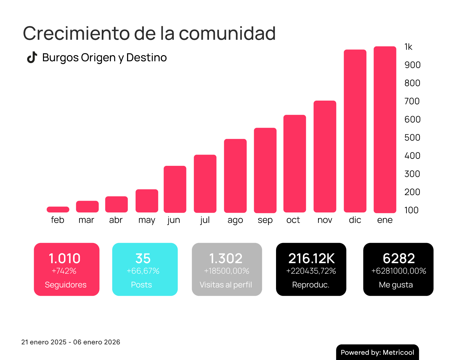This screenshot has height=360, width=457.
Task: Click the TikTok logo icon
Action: click(x=32, y=57)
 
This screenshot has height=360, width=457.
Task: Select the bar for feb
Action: click(x=58, y=209)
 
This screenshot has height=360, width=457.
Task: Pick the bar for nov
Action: click(x=325, y=156)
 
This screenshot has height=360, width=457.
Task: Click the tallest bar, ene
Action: click(x=385, y=130)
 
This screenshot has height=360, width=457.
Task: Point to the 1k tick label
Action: click(x=408, y=47)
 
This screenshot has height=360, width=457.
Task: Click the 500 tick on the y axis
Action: click(x=412, y=137)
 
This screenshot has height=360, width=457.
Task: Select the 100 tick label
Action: click(x=411, y=210)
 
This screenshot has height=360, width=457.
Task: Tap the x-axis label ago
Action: click(x=235, y=220)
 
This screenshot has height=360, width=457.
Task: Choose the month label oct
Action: click(x=293, y=220)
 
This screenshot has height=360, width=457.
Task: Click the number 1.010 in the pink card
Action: click(x=65, y=258)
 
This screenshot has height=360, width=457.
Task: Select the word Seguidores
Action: click(x=66, y=285)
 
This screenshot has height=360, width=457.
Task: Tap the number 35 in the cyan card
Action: click(x=143, y=258)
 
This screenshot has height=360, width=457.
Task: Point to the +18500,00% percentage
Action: click(x=227, y=271)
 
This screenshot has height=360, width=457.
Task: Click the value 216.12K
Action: click(x=311, y=258)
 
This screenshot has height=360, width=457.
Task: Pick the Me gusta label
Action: click(x=396, y=285)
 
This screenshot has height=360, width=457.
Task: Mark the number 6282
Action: click(x=399, y=258)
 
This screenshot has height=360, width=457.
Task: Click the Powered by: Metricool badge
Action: click(x=377, y=352)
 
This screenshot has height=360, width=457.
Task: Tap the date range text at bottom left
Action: click(x=71, y=342)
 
